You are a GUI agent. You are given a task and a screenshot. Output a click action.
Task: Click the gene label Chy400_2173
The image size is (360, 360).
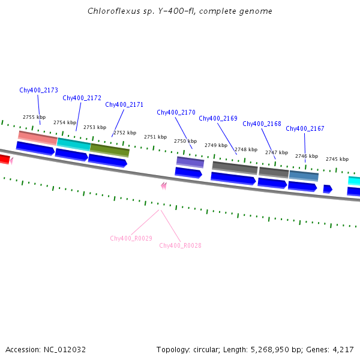coord(38,90)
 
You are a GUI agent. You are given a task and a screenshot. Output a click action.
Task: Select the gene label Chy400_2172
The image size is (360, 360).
coord(82,98)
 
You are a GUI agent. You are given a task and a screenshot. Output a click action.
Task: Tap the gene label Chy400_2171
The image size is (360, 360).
coord(124,104)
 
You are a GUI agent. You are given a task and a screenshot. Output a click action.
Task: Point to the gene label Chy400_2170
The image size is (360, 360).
coord(176,112)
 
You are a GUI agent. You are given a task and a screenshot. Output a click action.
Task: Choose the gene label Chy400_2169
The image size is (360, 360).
coord(218,118)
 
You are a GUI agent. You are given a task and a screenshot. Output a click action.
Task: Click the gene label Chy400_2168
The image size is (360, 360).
coord(262,124)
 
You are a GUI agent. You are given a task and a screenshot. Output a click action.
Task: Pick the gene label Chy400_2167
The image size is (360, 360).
coord(305,128)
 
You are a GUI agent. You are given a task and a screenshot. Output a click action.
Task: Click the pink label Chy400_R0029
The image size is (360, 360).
coord(131,238)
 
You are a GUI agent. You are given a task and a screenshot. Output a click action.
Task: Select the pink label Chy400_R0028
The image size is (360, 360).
coord(180,245)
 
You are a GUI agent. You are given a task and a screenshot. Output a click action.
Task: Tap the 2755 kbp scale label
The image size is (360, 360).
coord(34,117)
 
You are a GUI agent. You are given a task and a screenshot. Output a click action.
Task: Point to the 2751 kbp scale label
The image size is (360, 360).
coord(155,137)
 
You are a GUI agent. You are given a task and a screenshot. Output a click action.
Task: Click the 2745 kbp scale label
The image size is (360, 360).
coord(337,159)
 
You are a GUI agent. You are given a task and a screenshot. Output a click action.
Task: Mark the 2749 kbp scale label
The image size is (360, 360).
coord(215,145)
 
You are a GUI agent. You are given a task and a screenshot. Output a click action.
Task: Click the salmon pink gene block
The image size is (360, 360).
coord(37,137)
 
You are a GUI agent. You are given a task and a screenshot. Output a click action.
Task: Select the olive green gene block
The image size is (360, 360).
coord(109,149)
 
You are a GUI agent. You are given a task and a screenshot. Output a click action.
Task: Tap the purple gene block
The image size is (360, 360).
coord(190,162)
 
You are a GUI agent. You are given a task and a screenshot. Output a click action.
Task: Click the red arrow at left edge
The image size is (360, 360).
coord(4,159)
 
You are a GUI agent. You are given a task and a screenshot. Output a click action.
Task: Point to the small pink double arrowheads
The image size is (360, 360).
coord(163,186)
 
